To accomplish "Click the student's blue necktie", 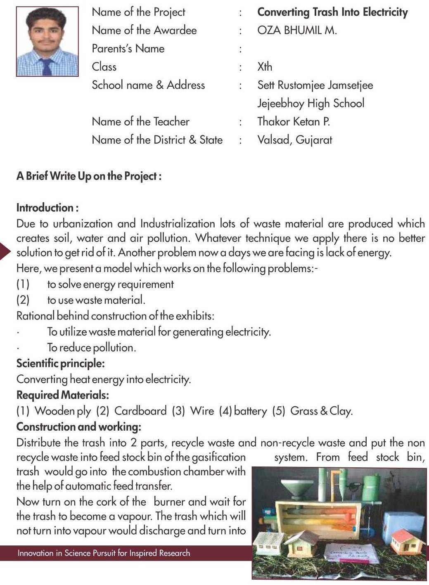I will [46, 66].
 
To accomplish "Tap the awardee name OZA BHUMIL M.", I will [297, 30].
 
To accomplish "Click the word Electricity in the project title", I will [385, 12].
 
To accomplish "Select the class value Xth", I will [265, 66].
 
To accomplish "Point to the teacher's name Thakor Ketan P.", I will [293, 121].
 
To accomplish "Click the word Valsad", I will [273, 140].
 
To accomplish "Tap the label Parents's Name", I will [128, 49].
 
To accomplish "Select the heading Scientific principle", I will [60, 363].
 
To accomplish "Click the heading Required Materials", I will [62, 395].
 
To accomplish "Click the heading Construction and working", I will [78, 426].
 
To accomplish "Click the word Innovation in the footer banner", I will [36, 553].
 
